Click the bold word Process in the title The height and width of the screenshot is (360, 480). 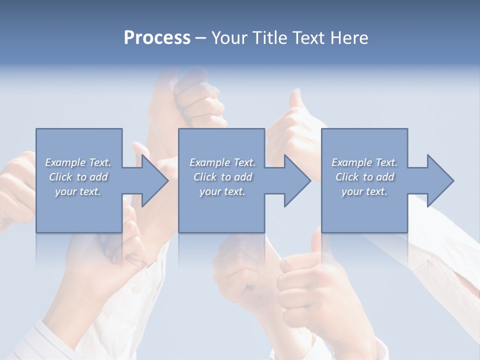click(x=157, y=38)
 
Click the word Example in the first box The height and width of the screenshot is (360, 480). click(x=65, y=162)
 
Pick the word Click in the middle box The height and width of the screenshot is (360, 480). click(x=204, y=177)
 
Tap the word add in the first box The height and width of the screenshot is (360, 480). click(x=98, y=177)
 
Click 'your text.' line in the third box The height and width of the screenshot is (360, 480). click(x=364, y=191)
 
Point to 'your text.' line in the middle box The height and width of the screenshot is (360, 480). click(x=222, y=191)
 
